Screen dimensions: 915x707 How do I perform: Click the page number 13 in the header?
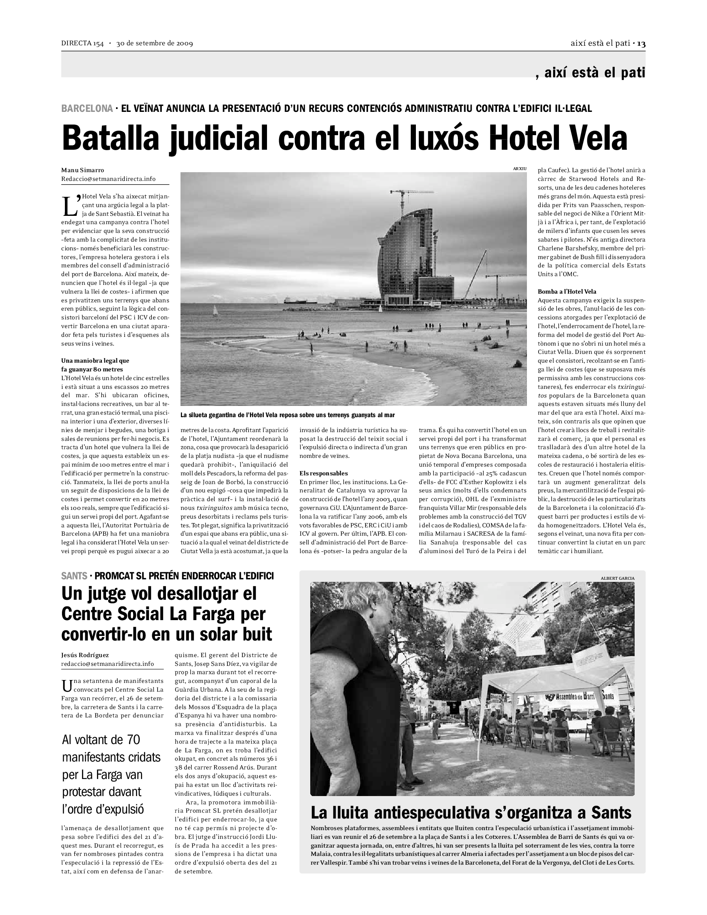(641, 44)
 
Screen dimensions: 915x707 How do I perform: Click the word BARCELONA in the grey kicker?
(87, 109)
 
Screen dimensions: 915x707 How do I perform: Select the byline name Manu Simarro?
(82, 170)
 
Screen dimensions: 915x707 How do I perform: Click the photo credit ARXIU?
(519, 168)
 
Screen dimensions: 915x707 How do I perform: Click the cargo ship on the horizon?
(299, 300)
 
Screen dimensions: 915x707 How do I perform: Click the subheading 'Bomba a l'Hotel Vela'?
(567, 291)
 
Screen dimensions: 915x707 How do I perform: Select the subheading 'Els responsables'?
(323, 473)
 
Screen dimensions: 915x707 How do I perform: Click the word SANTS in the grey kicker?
(74, 576)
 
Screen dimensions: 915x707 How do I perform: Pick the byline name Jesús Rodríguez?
(84, 655)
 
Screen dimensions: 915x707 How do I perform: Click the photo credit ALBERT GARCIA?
(617, 578)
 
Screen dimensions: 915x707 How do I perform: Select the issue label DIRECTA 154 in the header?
(82, 44)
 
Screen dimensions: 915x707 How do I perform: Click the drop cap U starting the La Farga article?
(67, 685)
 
